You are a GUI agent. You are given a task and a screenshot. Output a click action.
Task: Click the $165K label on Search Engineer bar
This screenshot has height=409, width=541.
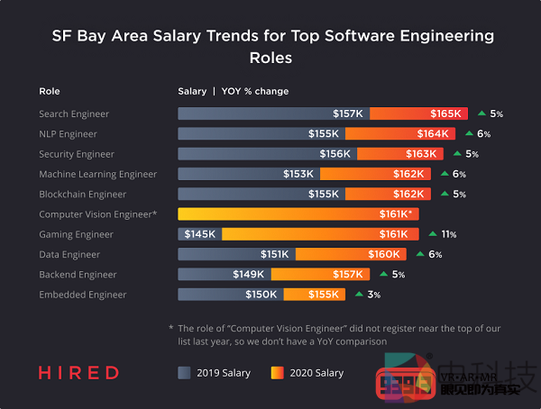click(445, 114)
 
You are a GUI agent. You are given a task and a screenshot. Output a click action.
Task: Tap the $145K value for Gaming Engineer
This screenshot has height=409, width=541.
click(199, 234)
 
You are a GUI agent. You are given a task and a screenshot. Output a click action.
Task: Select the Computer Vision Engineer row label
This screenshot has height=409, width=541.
click(98, 214)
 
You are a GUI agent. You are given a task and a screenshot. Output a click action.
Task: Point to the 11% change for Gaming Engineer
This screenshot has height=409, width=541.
click(448, 234)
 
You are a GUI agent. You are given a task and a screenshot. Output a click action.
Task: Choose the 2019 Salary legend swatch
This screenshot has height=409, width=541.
click(185, 372)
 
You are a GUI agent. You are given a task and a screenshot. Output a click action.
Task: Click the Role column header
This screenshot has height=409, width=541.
click(49, 91)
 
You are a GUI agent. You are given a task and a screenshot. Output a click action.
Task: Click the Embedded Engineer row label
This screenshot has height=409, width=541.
click(83, 295)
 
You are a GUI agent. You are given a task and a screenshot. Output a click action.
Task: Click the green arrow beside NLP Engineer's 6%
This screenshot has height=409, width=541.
click(468, 133)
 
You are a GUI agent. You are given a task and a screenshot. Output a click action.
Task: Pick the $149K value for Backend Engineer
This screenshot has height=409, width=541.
click(250, 275)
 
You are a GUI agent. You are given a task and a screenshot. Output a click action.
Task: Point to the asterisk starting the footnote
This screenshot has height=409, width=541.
click(171, 329)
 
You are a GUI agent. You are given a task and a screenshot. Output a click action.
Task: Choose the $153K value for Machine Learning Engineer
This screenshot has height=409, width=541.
click(298, 174)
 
